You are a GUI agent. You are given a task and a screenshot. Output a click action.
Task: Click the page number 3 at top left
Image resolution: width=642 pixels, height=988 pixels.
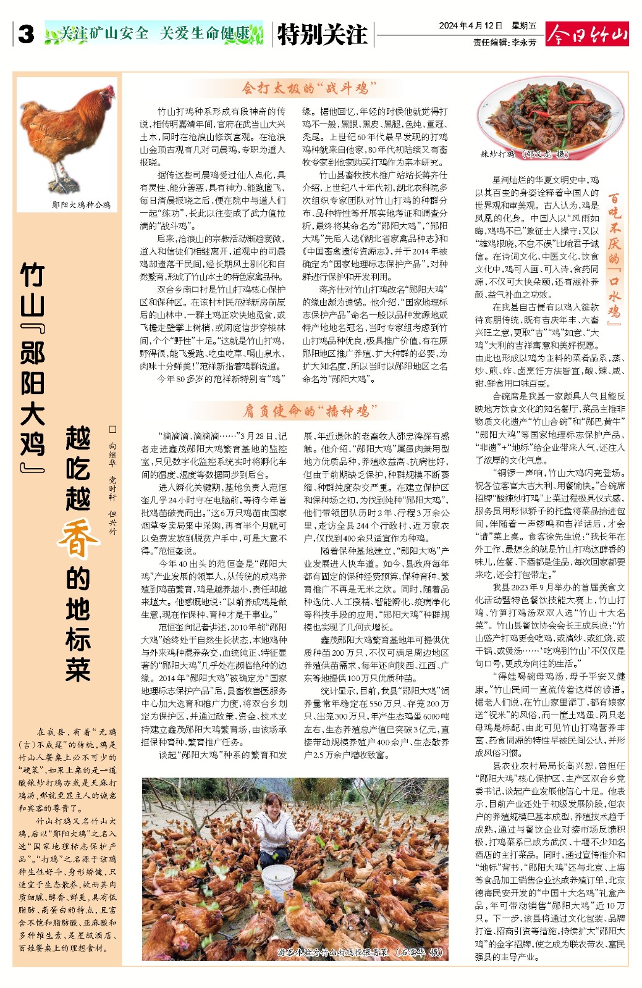point(26,35)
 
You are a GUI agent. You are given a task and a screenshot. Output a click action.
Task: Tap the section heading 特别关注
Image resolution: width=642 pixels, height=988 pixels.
point(322,35)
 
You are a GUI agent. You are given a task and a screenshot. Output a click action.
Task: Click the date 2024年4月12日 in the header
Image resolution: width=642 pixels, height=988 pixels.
point(470,26)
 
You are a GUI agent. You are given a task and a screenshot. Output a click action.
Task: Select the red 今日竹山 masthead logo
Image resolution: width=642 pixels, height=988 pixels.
point(587,34)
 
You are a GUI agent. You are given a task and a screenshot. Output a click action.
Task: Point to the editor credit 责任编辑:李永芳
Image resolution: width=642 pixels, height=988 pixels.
point(504,43)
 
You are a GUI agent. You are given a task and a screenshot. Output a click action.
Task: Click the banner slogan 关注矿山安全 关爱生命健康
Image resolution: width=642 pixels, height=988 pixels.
point(154,33)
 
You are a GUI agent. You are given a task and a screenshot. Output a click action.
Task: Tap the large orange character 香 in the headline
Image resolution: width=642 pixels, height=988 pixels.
point(78,538)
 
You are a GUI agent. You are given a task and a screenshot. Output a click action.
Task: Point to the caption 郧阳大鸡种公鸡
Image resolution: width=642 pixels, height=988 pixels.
point(82,204)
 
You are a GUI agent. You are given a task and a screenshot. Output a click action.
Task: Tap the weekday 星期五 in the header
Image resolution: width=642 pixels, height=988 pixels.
point(524,26)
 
